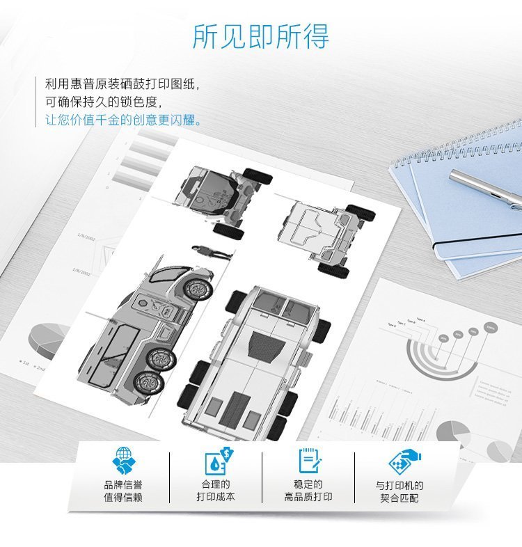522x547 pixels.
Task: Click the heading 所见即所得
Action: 261,36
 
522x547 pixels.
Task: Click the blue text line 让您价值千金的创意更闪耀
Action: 123,119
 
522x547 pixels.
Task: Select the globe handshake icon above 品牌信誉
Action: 123,460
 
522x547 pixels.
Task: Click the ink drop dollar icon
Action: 216,460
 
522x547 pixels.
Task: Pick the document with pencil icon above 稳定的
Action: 308,460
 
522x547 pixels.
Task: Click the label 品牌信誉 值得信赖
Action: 123,491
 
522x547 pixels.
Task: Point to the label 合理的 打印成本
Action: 216,490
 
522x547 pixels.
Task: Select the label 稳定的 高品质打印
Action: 308,490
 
